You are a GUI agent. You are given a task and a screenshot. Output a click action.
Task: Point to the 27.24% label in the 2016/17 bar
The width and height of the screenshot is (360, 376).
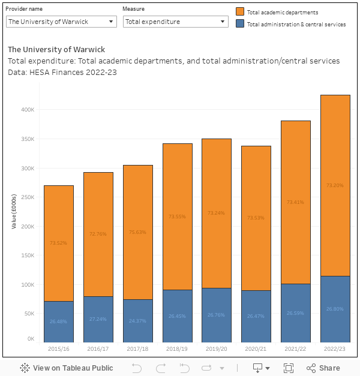(98, 319)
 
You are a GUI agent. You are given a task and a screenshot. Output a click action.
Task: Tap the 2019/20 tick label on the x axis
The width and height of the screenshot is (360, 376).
(216, 348)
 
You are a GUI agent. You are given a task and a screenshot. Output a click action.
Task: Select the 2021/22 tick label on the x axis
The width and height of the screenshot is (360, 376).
(295, 348)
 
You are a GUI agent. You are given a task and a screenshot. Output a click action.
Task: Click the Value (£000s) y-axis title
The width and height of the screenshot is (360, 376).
(14, 212)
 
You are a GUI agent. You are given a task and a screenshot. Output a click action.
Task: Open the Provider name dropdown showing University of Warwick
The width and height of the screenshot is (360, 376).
(61, 22)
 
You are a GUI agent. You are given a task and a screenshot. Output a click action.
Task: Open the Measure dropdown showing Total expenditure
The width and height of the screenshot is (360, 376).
(175, 22)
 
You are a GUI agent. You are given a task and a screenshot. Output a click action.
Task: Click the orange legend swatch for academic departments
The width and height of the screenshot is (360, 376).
(240, 12)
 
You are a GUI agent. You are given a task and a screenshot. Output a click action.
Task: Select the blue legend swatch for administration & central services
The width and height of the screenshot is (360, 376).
(240, 24)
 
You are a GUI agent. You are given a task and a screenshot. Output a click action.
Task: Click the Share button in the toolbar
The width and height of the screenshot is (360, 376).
(323, 368)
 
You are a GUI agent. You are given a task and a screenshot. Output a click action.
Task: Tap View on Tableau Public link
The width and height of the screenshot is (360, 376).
(66, 368)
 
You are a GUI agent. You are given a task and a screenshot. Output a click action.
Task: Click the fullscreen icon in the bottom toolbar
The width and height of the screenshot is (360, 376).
(288, 368)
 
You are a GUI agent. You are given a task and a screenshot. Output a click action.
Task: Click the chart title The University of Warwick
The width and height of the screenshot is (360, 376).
(56, 49)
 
